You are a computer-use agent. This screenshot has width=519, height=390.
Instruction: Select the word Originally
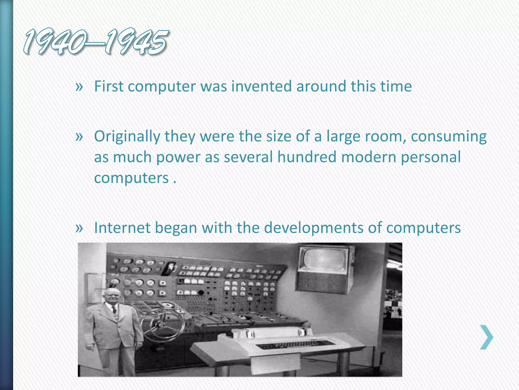(127, 136)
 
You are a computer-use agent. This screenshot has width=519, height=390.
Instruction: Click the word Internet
(122, 227)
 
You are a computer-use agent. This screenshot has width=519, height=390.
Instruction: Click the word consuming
(449, 137)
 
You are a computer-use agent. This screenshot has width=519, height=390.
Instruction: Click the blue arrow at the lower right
(487, 337)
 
